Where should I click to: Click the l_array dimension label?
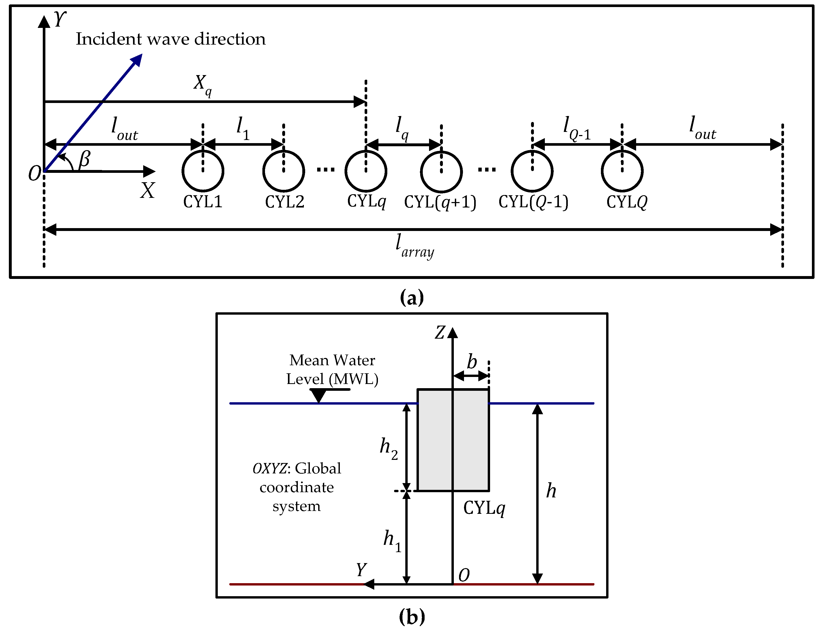[x=414, y=246]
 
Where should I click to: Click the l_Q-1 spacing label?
[x=576, y=128]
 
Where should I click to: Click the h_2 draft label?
[x=388, y=448]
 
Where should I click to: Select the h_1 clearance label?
[x=392, y=540]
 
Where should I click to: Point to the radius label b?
[x=472, y=362]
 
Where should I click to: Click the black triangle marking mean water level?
[x=318, y=395]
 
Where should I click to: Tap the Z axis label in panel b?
[x=440, y=332]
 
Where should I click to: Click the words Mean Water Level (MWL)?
[x=332, y=369]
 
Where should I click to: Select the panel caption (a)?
[x=412, y=297]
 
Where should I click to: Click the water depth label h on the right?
[x=551, y=491]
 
